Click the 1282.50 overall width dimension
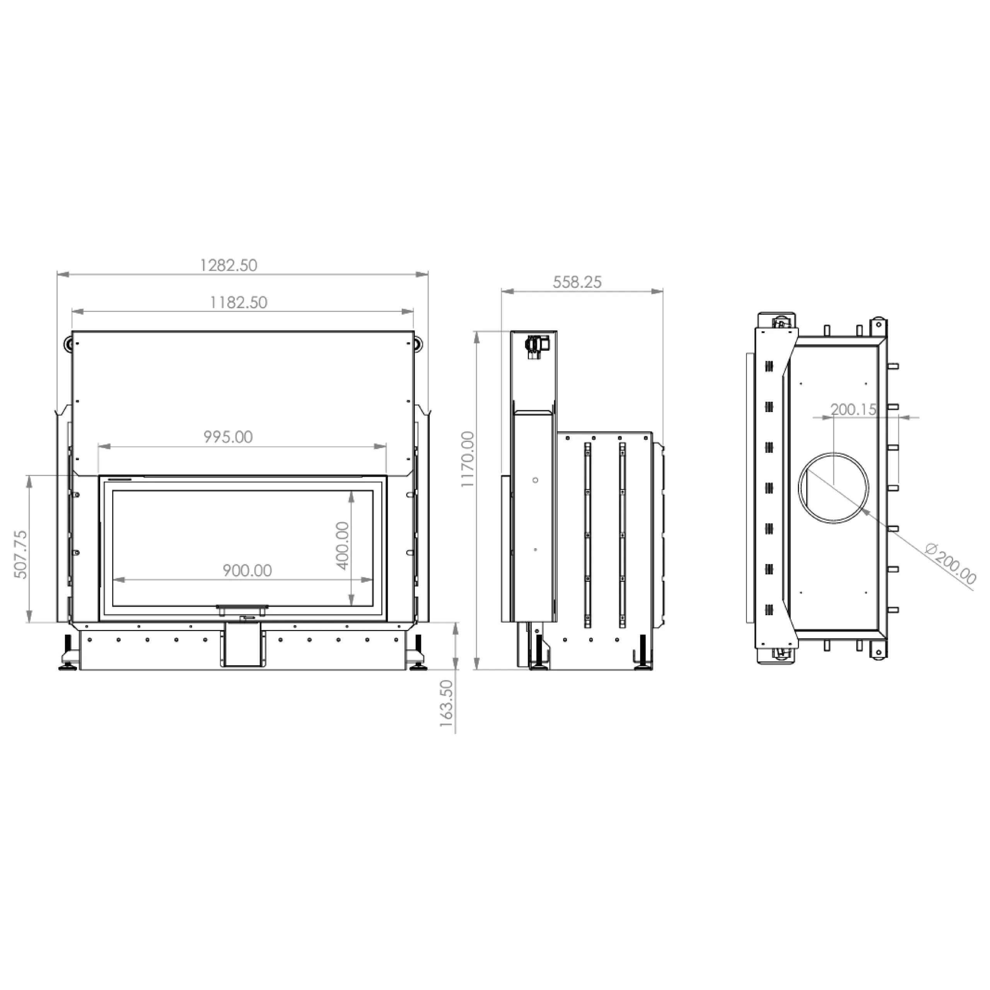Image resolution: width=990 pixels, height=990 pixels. point(229,265)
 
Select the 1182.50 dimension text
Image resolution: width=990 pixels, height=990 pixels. point(239,302)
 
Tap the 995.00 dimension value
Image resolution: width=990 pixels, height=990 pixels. point(228,437)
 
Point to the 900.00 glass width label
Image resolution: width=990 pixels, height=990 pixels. point(247,570)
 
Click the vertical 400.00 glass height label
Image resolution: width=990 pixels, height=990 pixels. point(342,545)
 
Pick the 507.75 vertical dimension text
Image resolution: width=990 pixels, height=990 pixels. point(20,555)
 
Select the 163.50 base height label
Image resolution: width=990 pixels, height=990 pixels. point(446,703)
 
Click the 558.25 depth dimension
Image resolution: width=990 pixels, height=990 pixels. point(577,282)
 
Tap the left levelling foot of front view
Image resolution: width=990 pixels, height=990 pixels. point(67,657)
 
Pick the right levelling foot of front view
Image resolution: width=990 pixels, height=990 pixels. point(418,657)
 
